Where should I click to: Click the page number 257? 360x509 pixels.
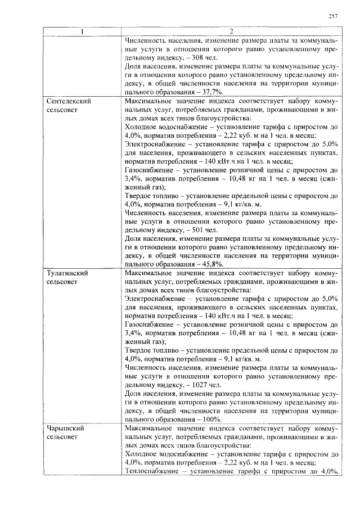pyautogui.click(x=332, y=16)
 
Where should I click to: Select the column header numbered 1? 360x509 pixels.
pyautogui.click(x=83, y=31)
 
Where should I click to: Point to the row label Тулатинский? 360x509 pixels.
pyautogui.click(x=67, y=273)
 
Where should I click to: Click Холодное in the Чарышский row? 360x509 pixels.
pyautogui.click(x=141, y=454)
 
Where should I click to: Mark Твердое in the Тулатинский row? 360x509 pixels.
pyautogui.click(x=138, y=350)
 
